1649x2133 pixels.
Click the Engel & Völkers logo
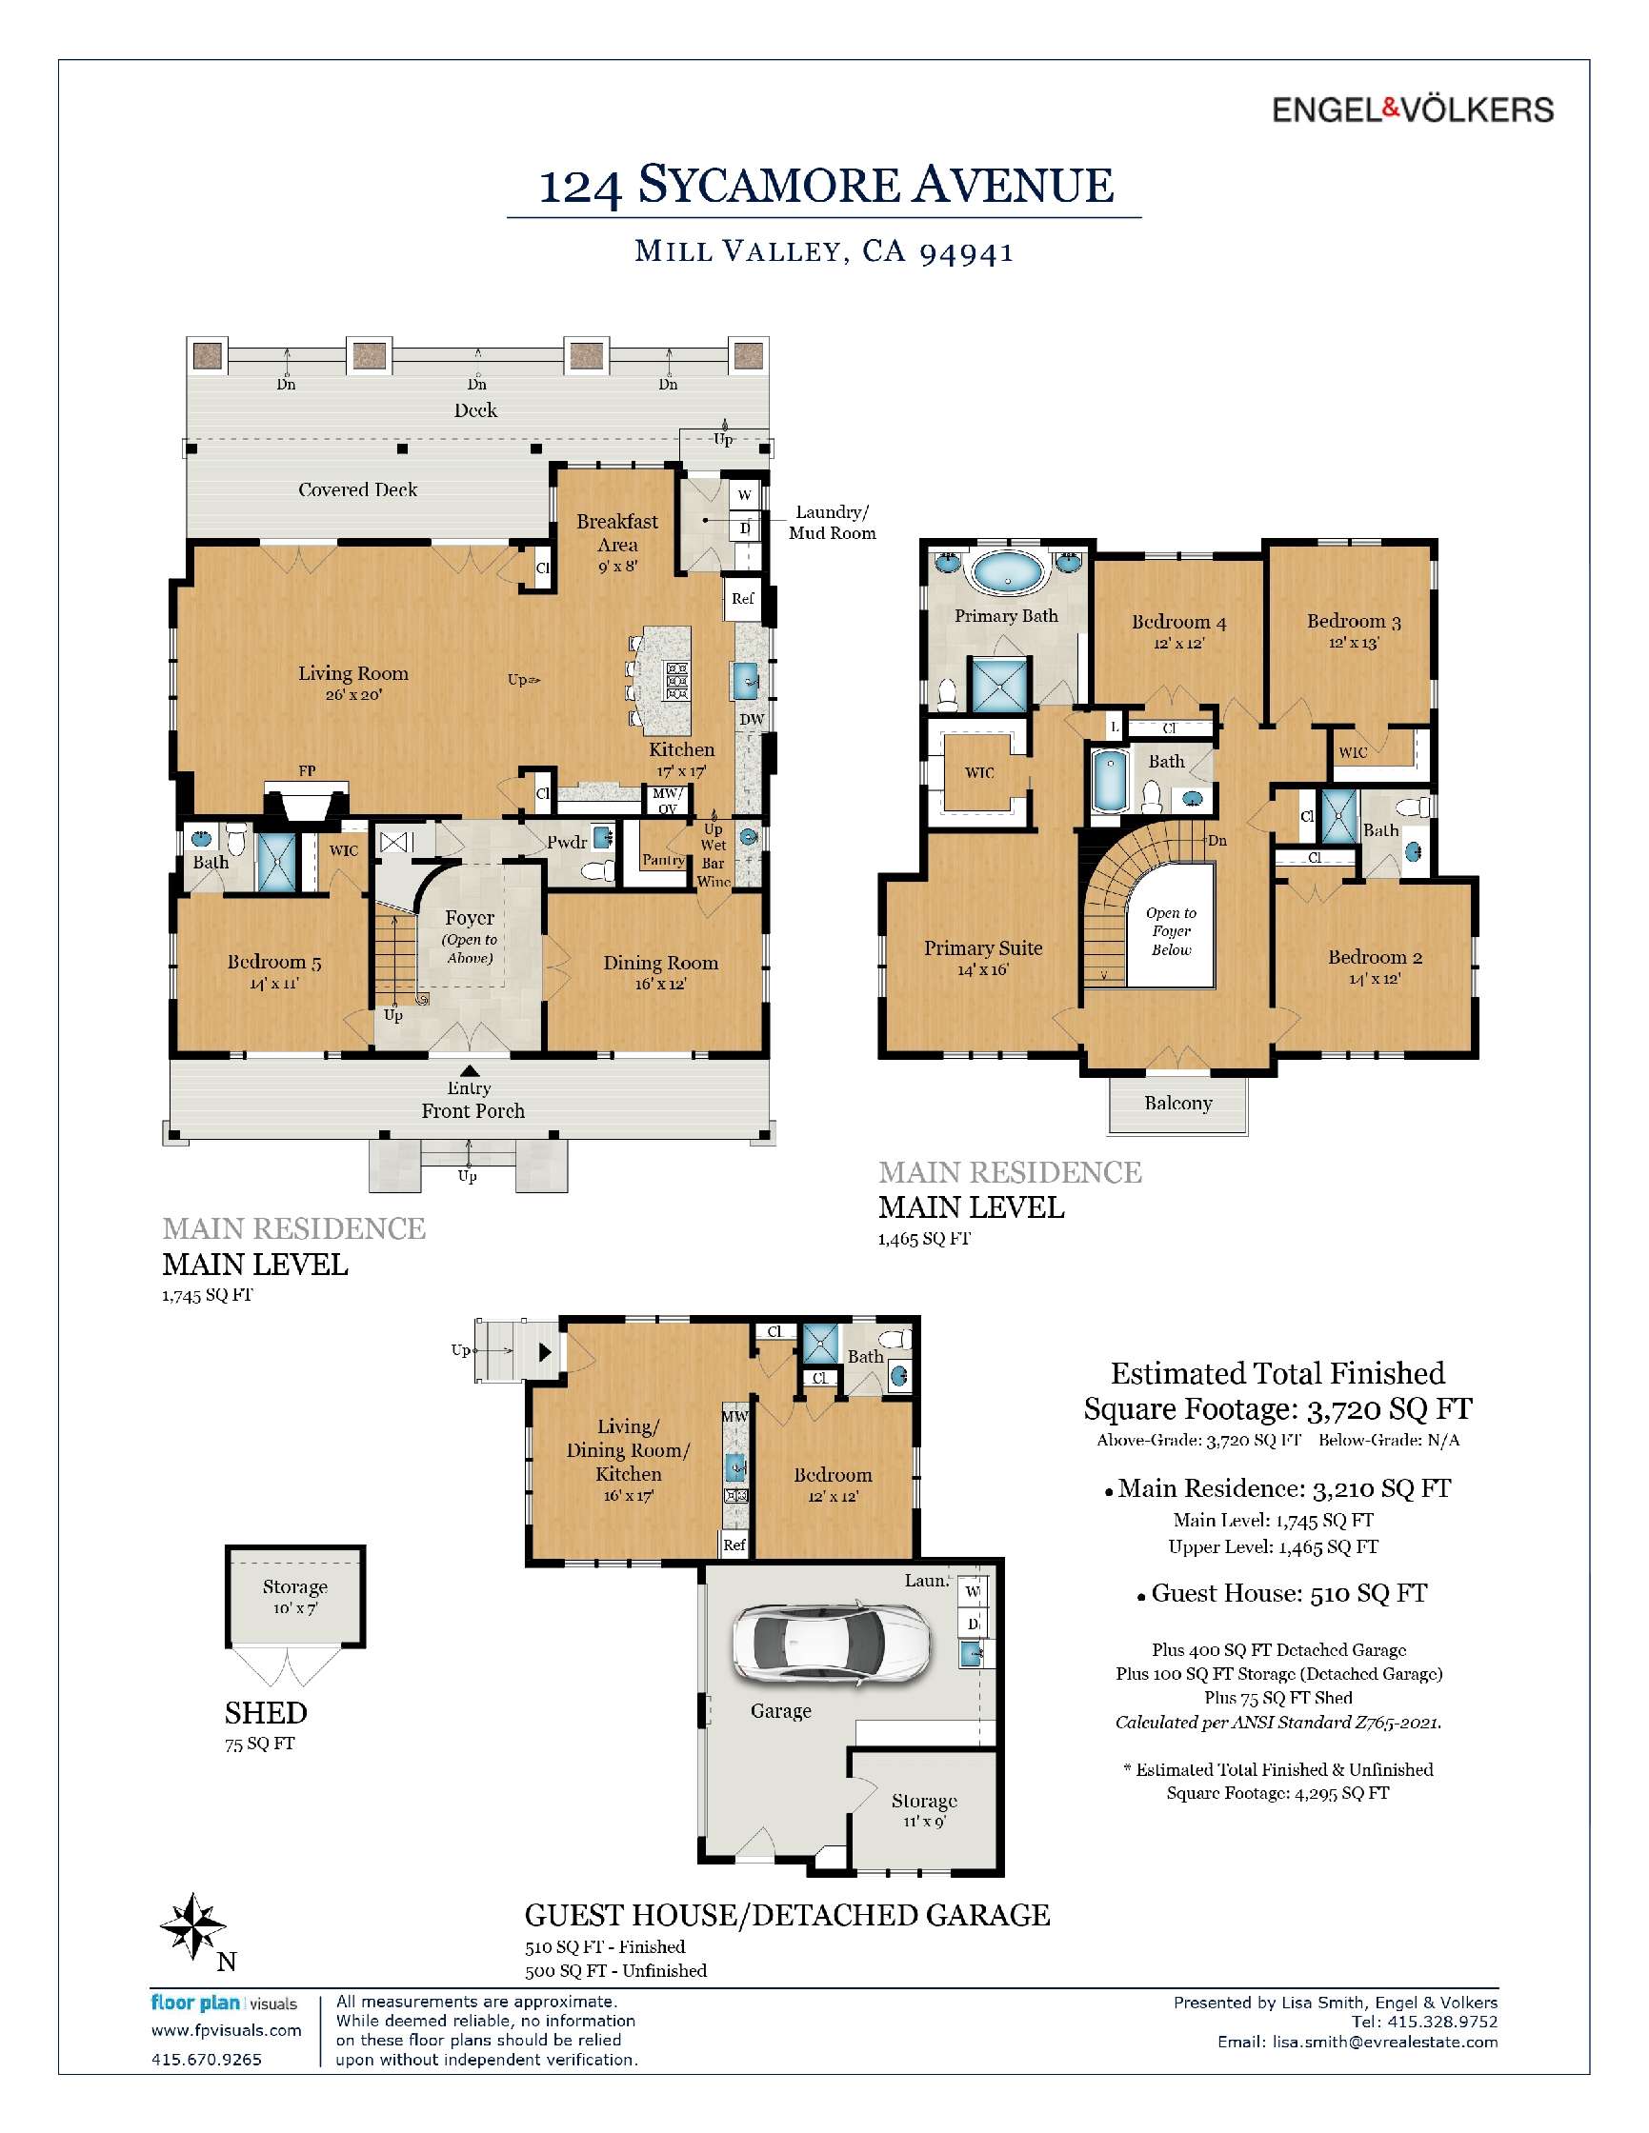1412,110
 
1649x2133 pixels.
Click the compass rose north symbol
193,1927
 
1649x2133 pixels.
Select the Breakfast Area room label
616,533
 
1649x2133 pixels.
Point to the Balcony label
1178,1103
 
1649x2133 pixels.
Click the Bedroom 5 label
273,962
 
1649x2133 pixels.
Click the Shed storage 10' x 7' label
294,1596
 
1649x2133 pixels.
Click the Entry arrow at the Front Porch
469,1071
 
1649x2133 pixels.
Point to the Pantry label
662,861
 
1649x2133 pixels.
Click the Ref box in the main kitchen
741,599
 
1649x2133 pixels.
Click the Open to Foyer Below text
1171,930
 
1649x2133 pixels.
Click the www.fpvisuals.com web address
226,2030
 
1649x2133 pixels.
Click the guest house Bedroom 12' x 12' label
833,1485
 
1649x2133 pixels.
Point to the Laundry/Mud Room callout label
832,523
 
